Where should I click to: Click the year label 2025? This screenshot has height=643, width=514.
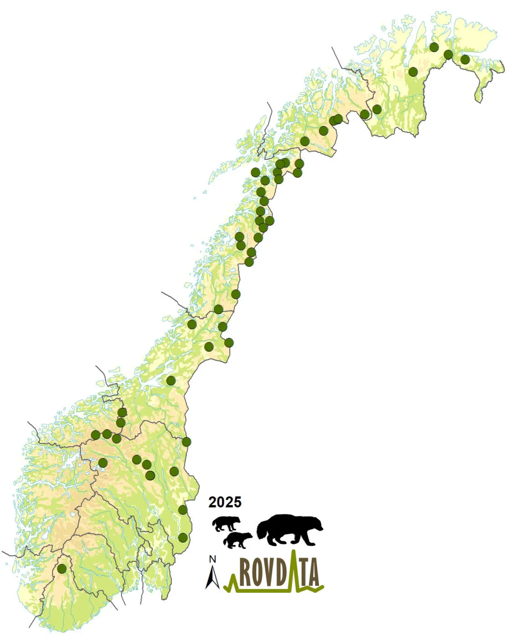[x=225, y=502]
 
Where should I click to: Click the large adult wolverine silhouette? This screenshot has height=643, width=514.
[x=289, y=530]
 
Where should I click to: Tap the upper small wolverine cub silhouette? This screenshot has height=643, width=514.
[x=226, y=524]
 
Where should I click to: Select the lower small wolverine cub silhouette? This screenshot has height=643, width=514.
[x=237, y=540]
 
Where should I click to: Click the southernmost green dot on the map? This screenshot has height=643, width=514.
[x=62, y=568]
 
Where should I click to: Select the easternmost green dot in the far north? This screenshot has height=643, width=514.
[x=465, y=59]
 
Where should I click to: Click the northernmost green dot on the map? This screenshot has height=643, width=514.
[x=434, y=47]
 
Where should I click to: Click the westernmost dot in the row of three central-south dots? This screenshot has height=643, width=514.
[x=96, y=435]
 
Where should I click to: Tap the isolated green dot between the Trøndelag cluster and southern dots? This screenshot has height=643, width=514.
[x=171, y=380]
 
